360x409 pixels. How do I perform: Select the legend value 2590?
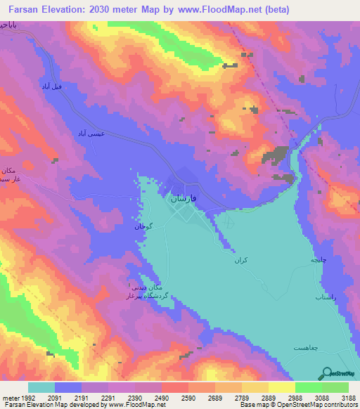[x=190, y=398]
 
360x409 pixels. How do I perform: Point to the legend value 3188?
[x=349, y=398]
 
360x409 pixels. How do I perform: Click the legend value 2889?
[x=269, y=398]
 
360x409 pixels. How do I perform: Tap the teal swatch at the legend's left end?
[x=41, y=387]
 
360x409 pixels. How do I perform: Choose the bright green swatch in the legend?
[x=308, y=387]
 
